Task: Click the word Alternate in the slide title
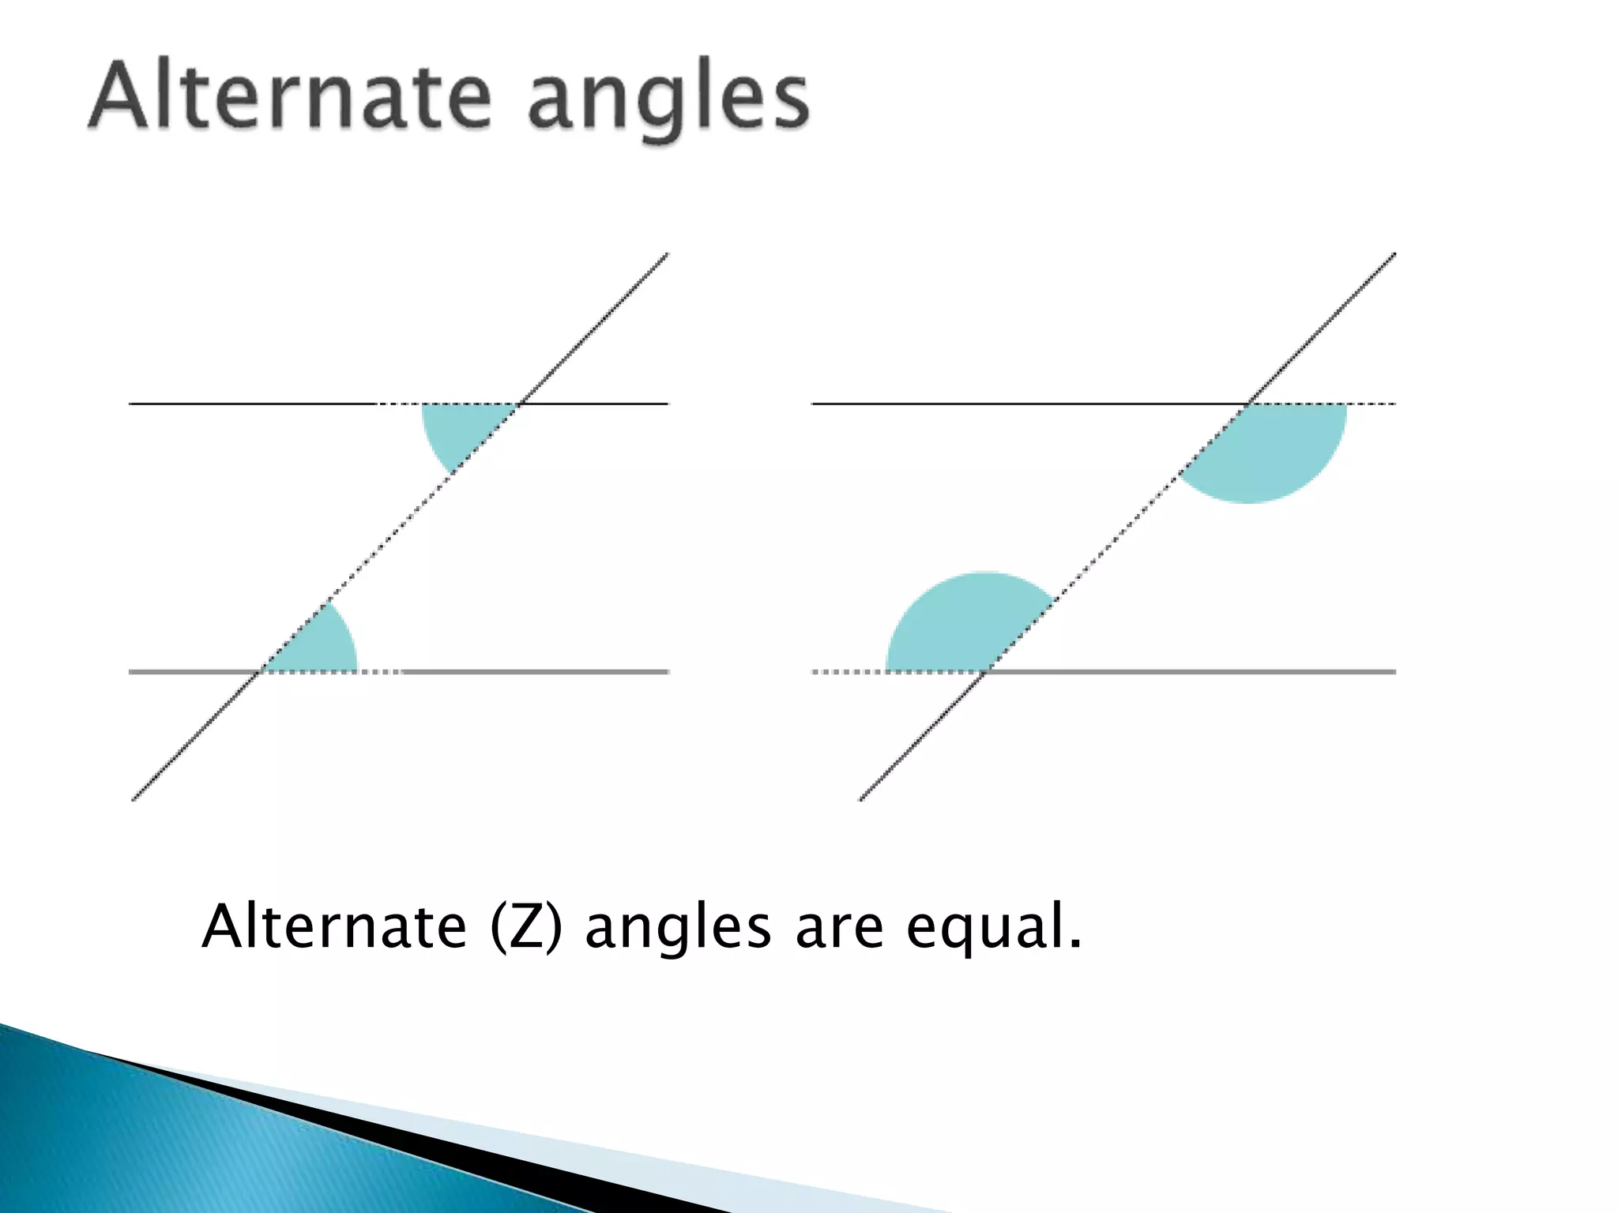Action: tap(289, 98)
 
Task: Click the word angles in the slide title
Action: tap(668, 103)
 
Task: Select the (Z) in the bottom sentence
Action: tap(526, 927)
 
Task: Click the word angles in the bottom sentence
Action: tap(678, 930)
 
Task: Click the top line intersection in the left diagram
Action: tap(519, 404)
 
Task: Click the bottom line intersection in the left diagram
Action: tap(261, 671)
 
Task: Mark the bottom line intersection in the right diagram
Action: tap(986, 671)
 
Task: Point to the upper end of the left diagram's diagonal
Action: tap(668, 254)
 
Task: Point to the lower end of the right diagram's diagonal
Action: tap(860, 799)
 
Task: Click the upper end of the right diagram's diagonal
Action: tap(1394, 254)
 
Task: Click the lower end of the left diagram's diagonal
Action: tap(133, 799)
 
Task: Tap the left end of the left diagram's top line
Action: tap(130, 404)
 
